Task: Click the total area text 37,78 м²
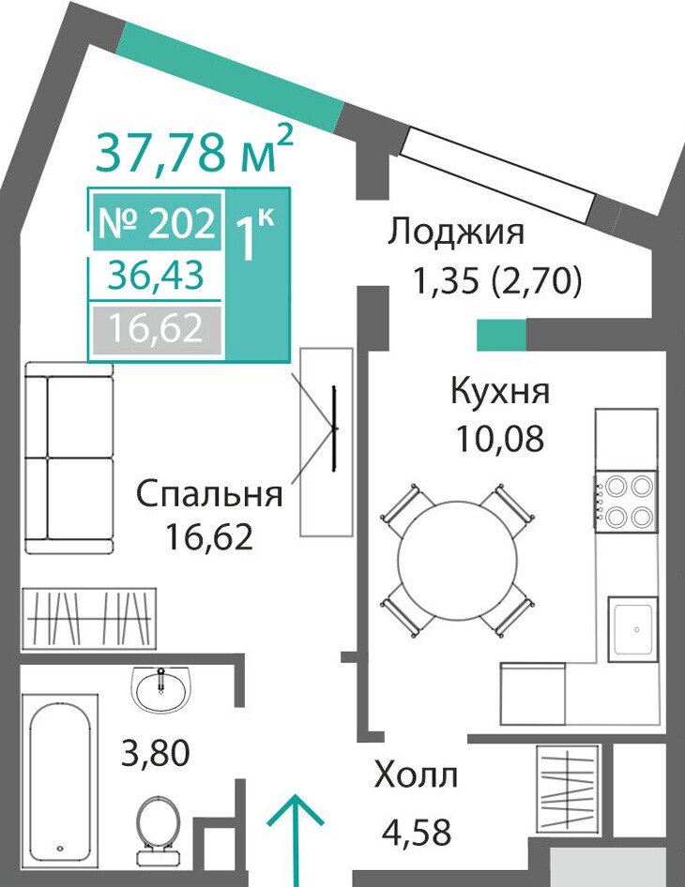click(194, 150)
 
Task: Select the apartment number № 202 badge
click(157, 221)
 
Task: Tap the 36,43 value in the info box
click(157, 276)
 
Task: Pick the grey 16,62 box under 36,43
click(157, 330)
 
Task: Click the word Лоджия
click(456, 232)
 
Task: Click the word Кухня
click(500, 390)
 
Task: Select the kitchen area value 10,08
click(500, 439)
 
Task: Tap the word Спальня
click(209, 493)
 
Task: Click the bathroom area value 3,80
click(156, 753)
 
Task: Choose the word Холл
click(416, 775)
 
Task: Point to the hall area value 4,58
click(417, 832)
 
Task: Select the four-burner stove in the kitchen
click(626, 502)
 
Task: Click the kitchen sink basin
click(633, 628)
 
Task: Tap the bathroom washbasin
click(161, 685)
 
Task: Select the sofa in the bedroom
click(69, 459)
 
